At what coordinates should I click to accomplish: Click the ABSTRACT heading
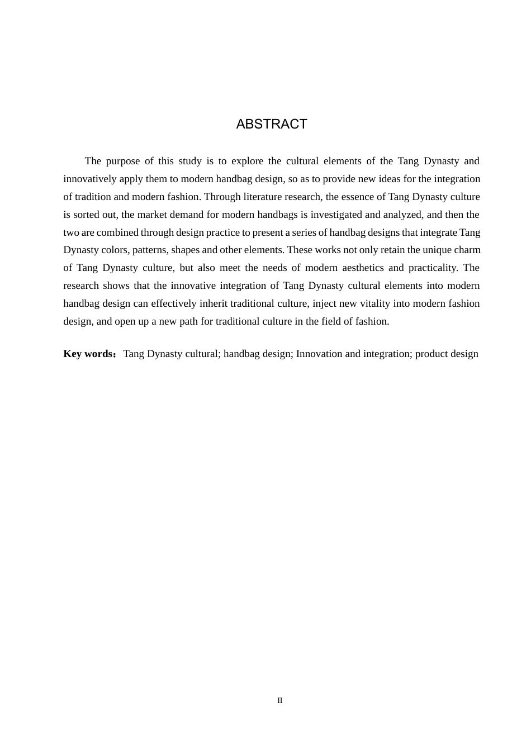[x=272, y=124]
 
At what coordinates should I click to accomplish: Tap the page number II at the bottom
[x=280, y=700]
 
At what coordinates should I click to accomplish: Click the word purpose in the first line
[x=122, y=161]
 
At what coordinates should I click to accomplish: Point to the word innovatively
[x=89, y=179]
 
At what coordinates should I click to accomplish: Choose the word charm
[x=467, y=250]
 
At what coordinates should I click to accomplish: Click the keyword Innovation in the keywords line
[x=319, y=354]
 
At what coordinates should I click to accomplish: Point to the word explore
[x=247, y=161]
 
